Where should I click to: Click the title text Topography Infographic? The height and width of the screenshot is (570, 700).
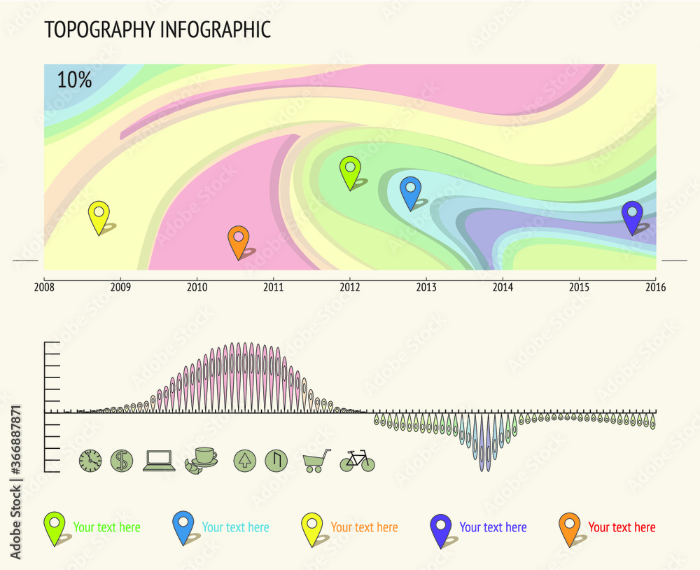pos(157,30)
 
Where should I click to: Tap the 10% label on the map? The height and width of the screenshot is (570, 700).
pos(74,80)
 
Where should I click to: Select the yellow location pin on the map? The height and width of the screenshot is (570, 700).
pos(99,216)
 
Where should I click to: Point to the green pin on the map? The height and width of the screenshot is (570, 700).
pos(350,172)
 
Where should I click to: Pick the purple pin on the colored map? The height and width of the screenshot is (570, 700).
pos(632,216)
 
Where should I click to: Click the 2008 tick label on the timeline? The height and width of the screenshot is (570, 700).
pos(44,287)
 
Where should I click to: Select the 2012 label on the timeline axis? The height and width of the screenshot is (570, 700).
pos(349,287)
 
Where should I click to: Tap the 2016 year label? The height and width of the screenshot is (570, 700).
pos(655,287)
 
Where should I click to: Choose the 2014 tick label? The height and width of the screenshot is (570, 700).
pos(503,287)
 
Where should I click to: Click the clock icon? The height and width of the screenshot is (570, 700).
pos(90,460)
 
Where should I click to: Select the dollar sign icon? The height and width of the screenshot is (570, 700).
pos(122,460)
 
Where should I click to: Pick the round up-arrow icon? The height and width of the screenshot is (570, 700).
pos(244,460)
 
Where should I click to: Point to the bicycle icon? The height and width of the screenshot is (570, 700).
pos(357,461)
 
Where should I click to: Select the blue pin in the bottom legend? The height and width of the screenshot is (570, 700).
pos(183,527)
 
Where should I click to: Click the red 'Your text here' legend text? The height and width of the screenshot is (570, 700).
pos(622,527)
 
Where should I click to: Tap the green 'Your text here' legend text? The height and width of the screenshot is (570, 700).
pos(106,527)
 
